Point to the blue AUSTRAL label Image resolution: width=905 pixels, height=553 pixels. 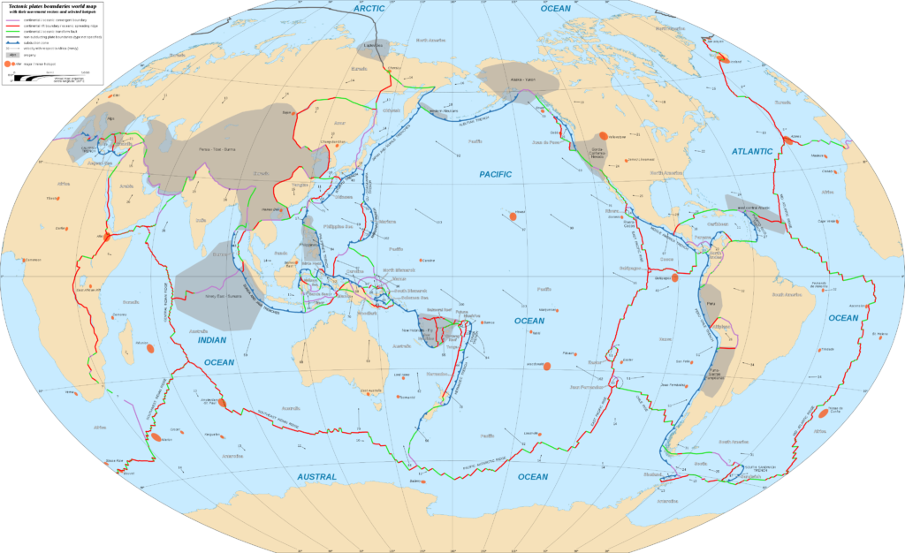[316, 477]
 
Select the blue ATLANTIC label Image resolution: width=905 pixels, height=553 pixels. [751, 152]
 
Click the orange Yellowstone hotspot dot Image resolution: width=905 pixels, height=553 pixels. [603, 136]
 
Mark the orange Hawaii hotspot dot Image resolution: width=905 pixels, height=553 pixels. [513, 215]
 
